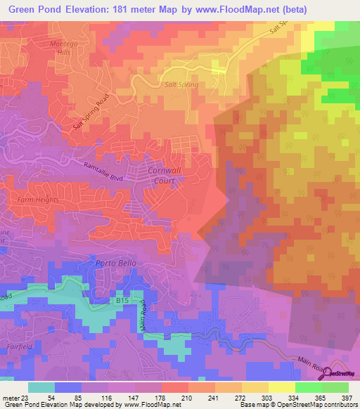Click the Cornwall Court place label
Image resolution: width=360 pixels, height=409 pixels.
click(164, 176)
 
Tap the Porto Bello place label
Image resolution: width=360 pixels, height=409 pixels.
click(113, 264)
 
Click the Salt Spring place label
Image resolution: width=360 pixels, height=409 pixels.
click(181, 84)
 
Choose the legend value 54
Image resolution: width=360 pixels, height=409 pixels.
click(60, 398)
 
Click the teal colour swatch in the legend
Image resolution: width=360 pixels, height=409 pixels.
click(41, 387)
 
